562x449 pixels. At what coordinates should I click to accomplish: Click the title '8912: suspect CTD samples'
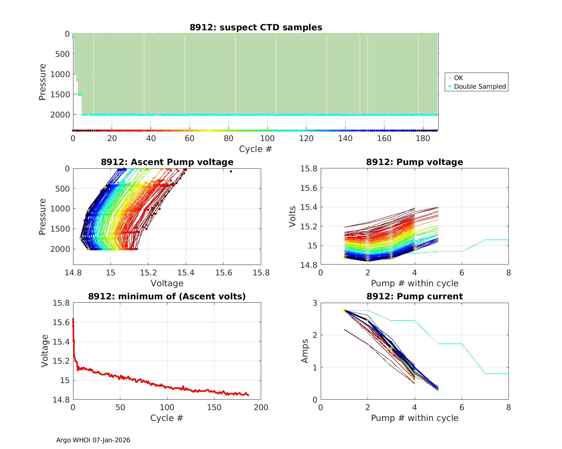(x=256, y=27)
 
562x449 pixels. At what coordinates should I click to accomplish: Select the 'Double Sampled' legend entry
(x=480, y=86)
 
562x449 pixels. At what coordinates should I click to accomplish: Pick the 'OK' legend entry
(x=458, y=78)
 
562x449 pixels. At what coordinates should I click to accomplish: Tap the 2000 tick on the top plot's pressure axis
(x=60, y=114)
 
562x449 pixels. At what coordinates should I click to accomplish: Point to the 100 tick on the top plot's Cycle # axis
(x=268, y=138)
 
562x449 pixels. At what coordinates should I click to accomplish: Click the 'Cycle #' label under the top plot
(x=256, y=149)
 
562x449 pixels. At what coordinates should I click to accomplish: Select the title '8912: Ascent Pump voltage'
(x=167, y=162)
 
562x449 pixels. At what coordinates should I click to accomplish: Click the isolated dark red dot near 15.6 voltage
(x=231, y=171)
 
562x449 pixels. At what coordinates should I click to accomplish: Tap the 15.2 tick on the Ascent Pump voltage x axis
(x=148, y=273)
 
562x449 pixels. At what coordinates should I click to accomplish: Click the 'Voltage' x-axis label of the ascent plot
(x=167, y=283)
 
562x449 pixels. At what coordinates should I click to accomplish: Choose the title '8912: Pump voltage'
(x=414, y=162)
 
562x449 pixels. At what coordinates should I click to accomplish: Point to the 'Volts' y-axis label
(x=293, y=217)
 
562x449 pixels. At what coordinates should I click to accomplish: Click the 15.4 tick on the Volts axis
(x=309, y=207)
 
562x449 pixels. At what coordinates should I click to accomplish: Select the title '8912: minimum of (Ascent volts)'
(x=167, y=296)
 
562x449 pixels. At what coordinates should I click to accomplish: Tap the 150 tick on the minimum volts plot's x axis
(x=214, y=407)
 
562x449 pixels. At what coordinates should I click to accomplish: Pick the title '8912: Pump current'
(x=414, y=296)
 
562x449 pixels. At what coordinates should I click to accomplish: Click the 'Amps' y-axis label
(x=305, y=351)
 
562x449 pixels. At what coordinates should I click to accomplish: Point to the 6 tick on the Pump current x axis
(x=462, y=407)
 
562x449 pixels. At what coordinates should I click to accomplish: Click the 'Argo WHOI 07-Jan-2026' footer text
(x=93, y=440)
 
